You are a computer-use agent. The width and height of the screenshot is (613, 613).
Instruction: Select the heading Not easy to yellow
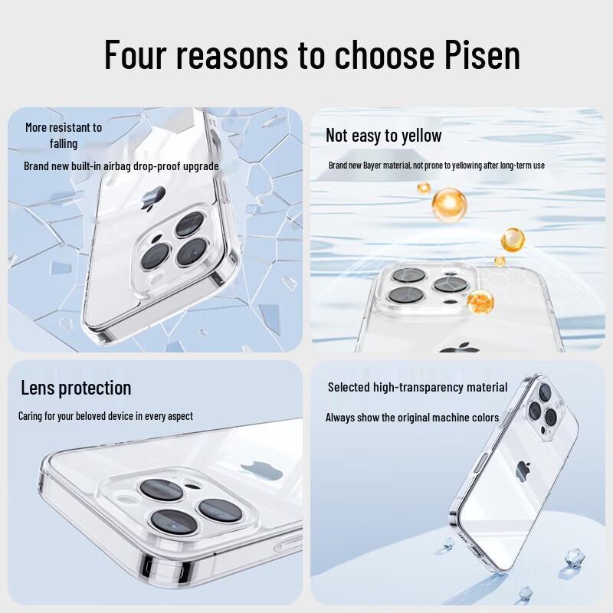383,136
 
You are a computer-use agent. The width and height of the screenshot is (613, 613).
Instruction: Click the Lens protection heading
76,388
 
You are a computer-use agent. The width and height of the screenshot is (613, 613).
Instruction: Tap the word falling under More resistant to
64,143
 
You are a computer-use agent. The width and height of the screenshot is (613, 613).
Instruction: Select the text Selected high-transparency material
418,387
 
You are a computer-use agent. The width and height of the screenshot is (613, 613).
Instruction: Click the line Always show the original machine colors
412,418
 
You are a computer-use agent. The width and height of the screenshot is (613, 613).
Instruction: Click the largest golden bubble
449,205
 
